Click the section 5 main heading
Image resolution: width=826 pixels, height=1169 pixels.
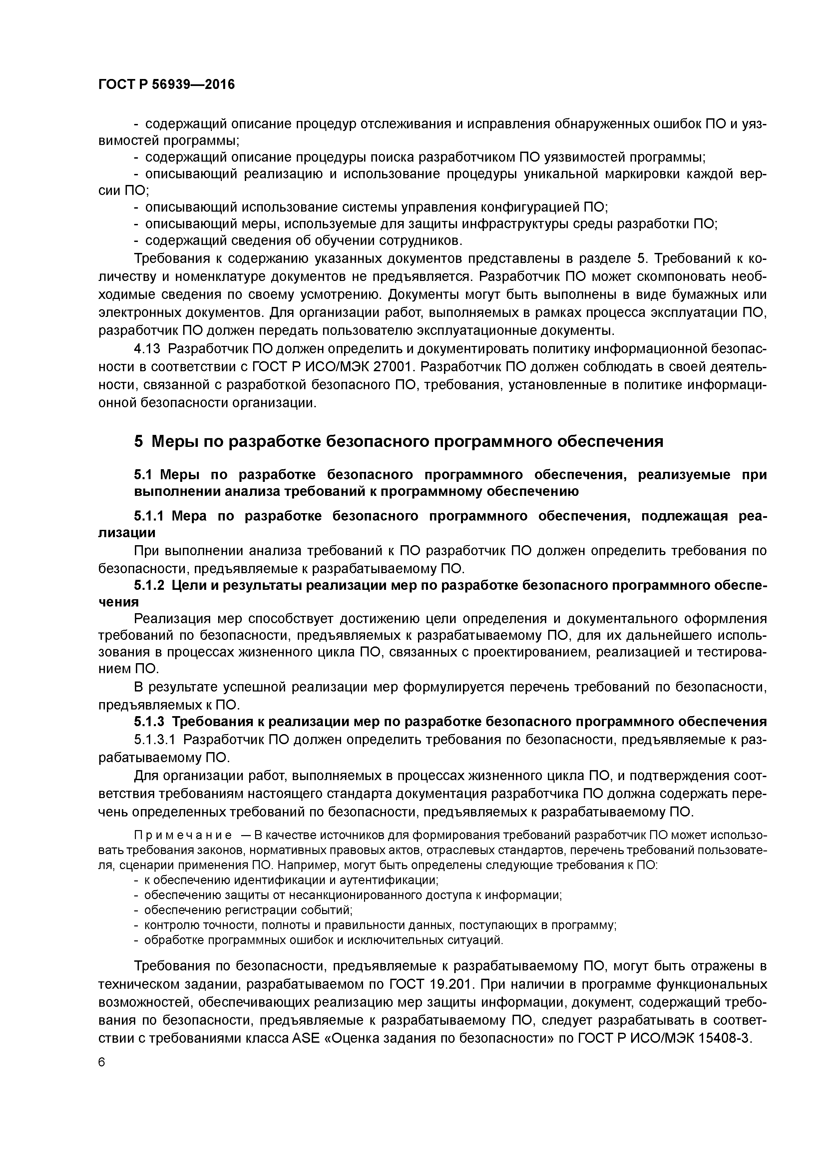(398, 441)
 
